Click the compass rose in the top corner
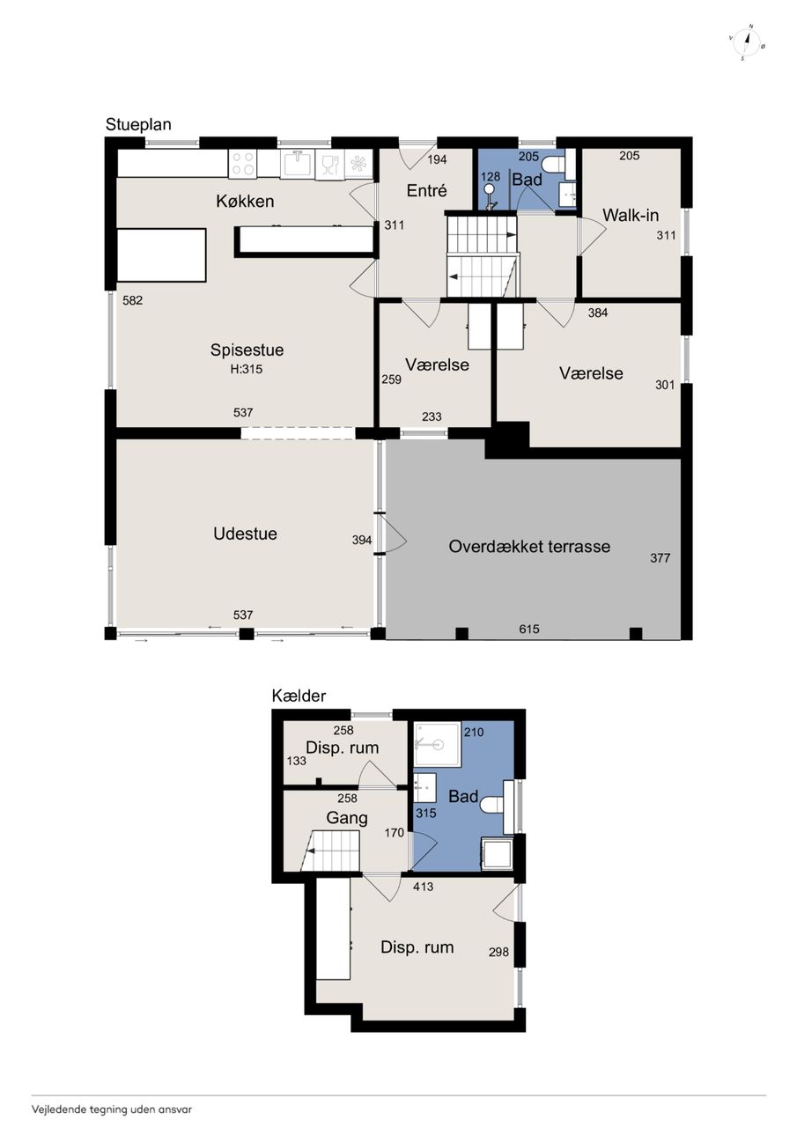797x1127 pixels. (747, 42)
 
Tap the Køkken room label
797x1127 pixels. (245, 202)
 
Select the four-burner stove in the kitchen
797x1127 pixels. (243, 163)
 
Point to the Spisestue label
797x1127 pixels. (247, 350)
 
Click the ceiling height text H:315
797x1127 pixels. (247, 369)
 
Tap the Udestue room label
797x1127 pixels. (245, 534)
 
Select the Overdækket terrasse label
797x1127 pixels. (529, 547)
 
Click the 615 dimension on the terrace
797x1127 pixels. (529, 629)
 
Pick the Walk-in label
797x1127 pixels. (631, 216)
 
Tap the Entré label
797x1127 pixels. (426, 191)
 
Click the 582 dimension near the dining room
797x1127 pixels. (133, 300)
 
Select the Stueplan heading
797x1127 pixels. (138, 124)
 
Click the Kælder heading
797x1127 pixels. (299, 696)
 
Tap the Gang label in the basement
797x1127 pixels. (347, 818)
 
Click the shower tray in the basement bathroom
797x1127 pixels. (437, 744)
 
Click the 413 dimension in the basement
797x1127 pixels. (423, 887)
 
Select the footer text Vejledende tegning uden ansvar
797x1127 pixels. (112, 1109)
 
